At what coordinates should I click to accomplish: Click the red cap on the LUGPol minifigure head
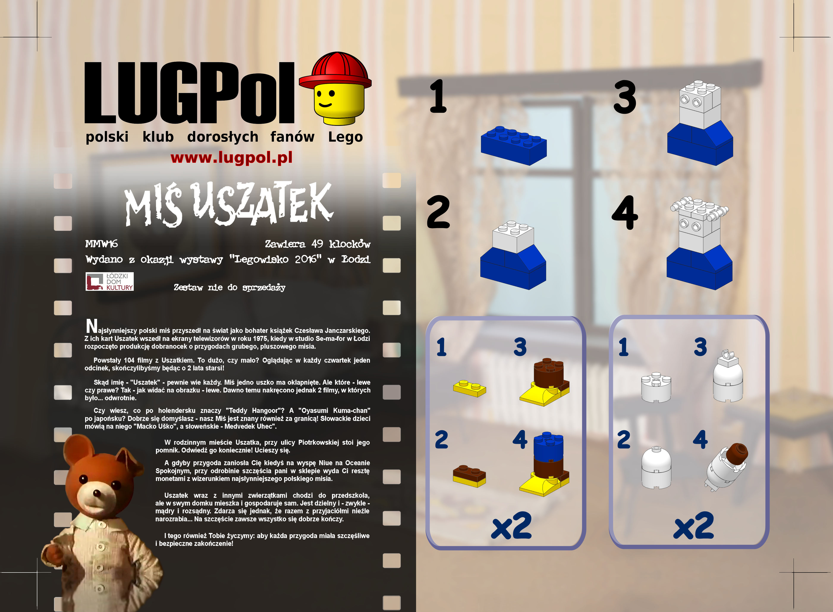335,72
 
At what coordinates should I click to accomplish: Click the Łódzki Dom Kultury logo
110,281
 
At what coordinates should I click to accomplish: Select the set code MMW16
101,244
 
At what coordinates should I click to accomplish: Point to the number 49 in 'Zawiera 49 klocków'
317,244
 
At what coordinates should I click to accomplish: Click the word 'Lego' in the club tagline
346,137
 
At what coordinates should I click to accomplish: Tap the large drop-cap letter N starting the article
92,326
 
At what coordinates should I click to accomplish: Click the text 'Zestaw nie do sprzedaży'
229,288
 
